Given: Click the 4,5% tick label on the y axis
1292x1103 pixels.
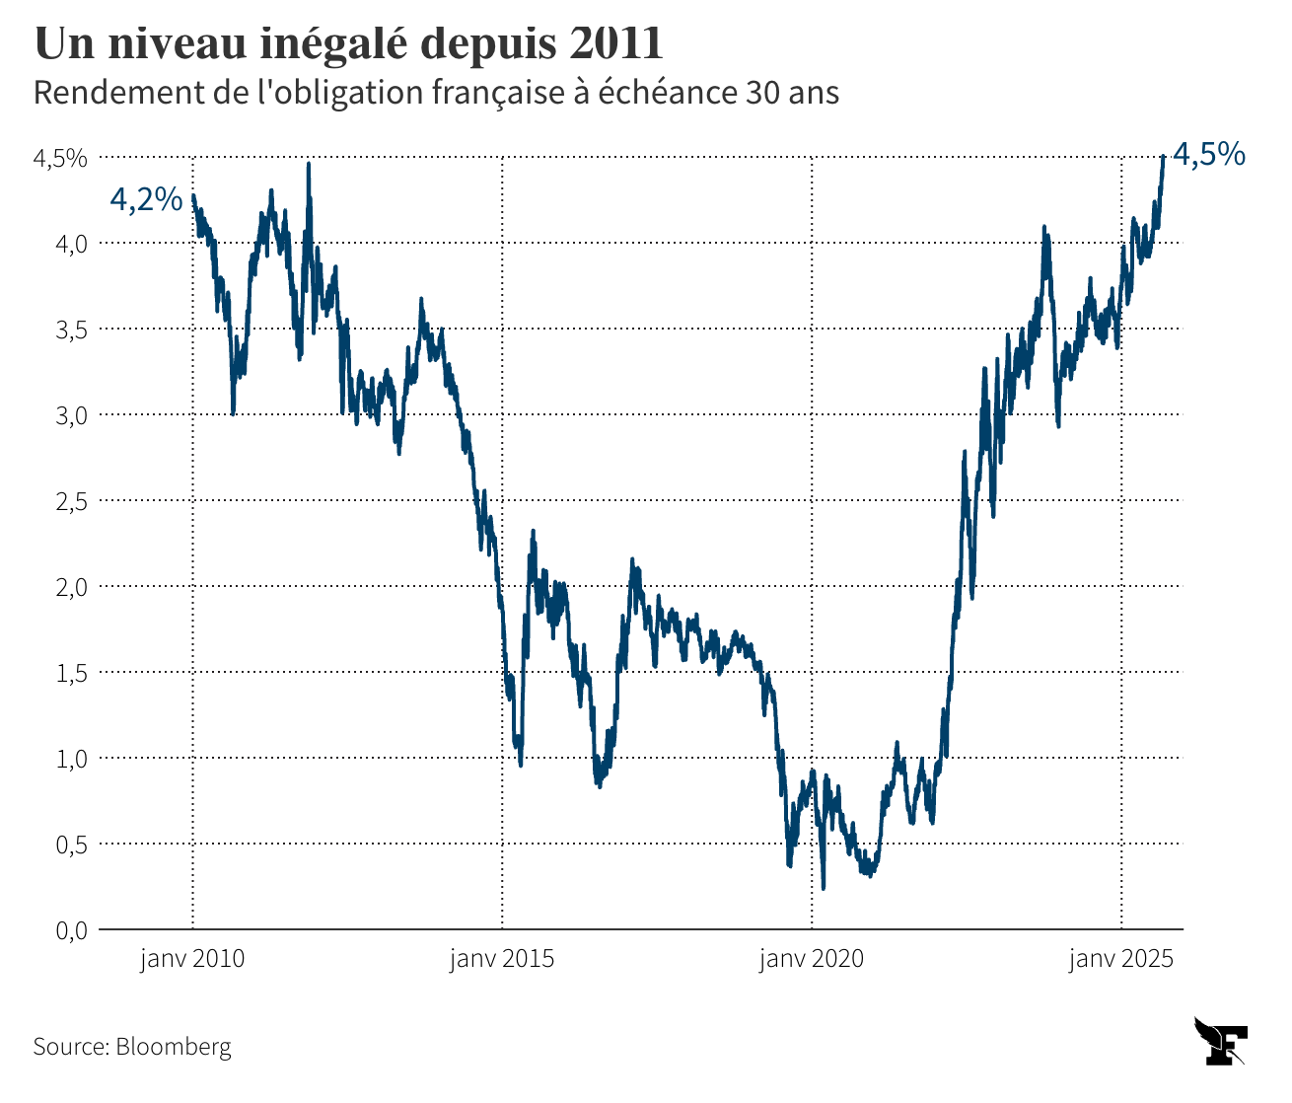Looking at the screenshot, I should pyautogui.click(x=60, y=158).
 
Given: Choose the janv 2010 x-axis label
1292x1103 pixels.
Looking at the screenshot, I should pyautogui.click(x=192, y=959).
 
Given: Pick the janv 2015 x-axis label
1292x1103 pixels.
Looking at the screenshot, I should pyautogui.click(x=502, y=959).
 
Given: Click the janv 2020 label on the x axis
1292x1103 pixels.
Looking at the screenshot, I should pyautogui.click(x=812, y=959).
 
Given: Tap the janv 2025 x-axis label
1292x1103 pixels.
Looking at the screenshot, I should pyautogui.click(x=1121, y=959).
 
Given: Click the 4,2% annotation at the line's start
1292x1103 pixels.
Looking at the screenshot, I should pyautogui.click(x=146, y=200).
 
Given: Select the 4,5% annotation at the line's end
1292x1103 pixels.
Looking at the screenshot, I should pyautogui.click(x=1208, y=155).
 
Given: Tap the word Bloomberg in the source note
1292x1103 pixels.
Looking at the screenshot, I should pyautogui.click(x=174, y=1046).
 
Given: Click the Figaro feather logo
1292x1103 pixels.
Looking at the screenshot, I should pyautogui.click(x=1220, y=1041).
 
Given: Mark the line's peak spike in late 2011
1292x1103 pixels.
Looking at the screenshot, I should pyautogui.click(x=309, y=166).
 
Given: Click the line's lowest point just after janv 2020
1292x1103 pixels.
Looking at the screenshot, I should pyautogui.click(x=824, y=887).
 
